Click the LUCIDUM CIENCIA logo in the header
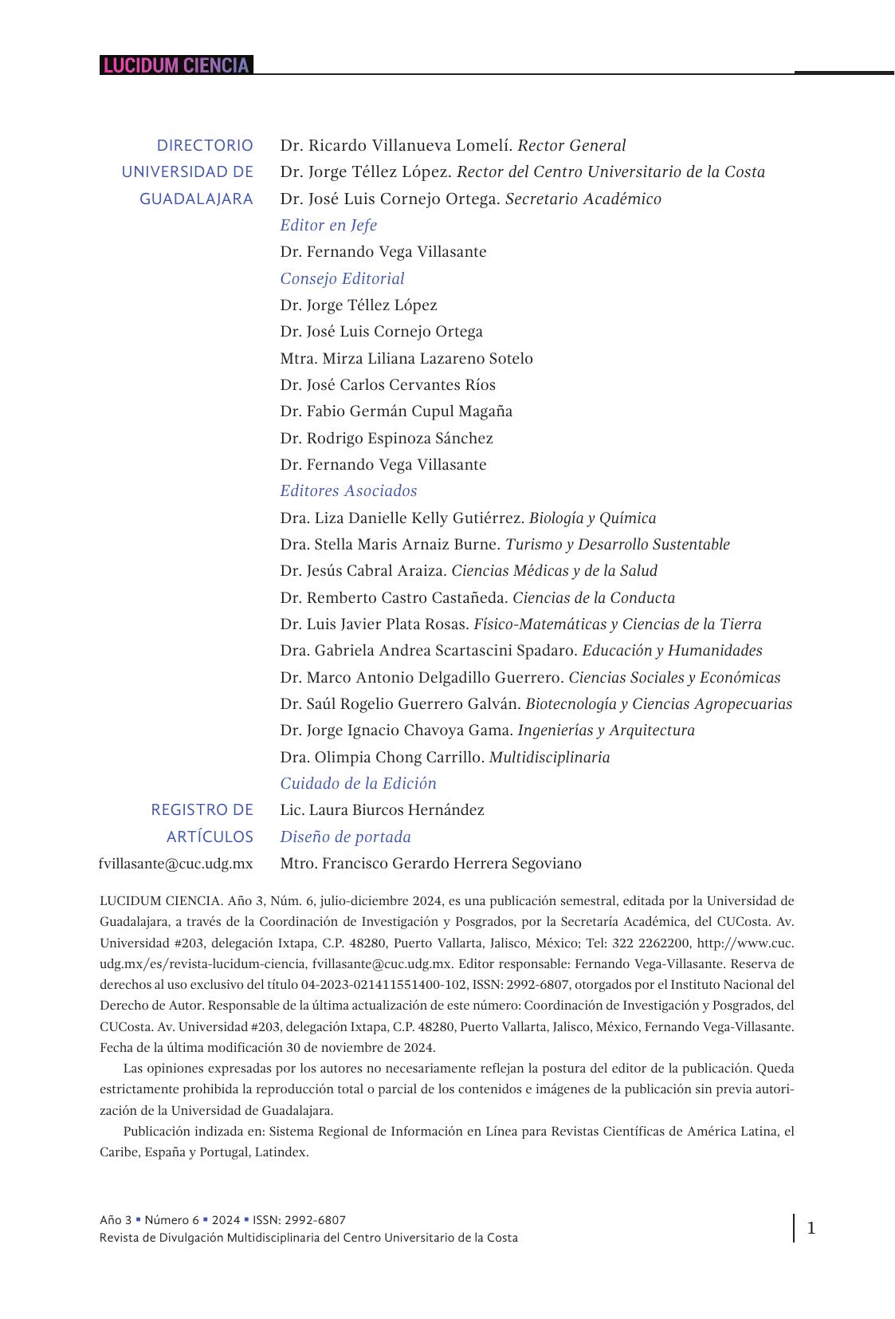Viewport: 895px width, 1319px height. click(x=176, y=65)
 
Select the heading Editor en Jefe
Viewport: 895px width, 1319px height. click(x=328, y=225)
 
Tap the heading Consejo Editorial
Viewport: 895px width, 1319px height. click(x=342, y=278)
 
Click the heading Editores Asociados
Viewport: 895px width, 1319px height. click(x=348, y=490)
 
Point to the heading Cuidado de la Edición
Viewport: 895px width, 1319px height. click(x=358, y=783)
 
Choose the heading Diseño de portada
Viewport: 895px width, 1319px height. click(x=345, y=837)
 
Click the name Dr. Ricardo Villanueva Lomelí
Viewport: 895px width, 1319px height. click(x=396, y=145)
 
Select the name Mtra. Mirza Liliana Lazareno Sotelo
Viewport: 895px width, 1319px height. click(x=406, y=358)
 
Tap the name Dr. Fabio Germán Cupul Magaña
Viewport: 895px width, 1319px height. click(x=396, y=411)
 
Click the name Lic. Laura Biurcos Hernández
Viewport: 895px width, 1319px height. click(x=382, y=809)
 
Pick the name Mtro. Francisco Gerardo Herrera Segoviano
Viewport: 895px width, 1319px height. click(x=430, y=863)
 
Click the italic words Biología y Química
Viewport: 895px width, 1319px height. click(x=592, y=518)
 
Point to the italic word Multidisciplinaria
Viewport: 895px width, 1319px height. click(x=549, y=757)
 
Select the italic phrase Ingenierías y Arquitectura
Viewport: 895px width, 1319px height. click(x=606, y=730)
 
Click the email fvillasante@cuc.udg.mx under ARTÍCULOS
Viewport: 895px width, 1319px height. click(x=175, y=863)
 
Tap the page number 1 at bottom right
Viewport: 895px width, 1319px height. click(x=811, y=1228)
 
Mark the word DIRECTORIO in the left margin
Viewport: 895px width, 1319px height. click(x=205, y=145)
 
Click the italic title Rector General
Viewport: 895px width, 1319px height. click(x=571, y=145)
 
